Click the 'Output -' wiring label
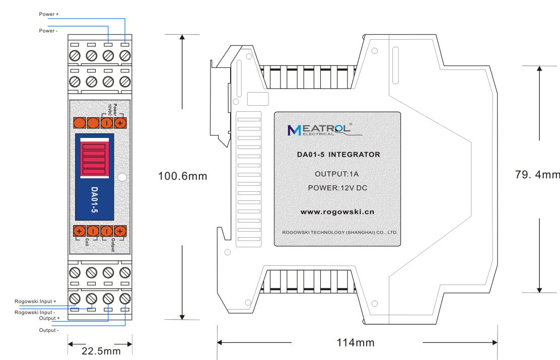click(x=48, y=330)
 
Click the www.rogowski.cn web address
click(x=337, y=211)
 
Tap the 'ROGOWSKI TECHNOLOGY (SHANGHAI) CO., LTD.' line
click(x=337, y=233)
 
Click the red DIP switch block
click(x=94, y=159)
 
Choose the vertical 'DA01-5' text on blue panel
click(x=95, y=201)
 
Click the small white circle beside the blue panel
click(x=122, y=177)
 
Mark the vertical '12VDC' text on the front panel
click(x=110, y=108)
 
